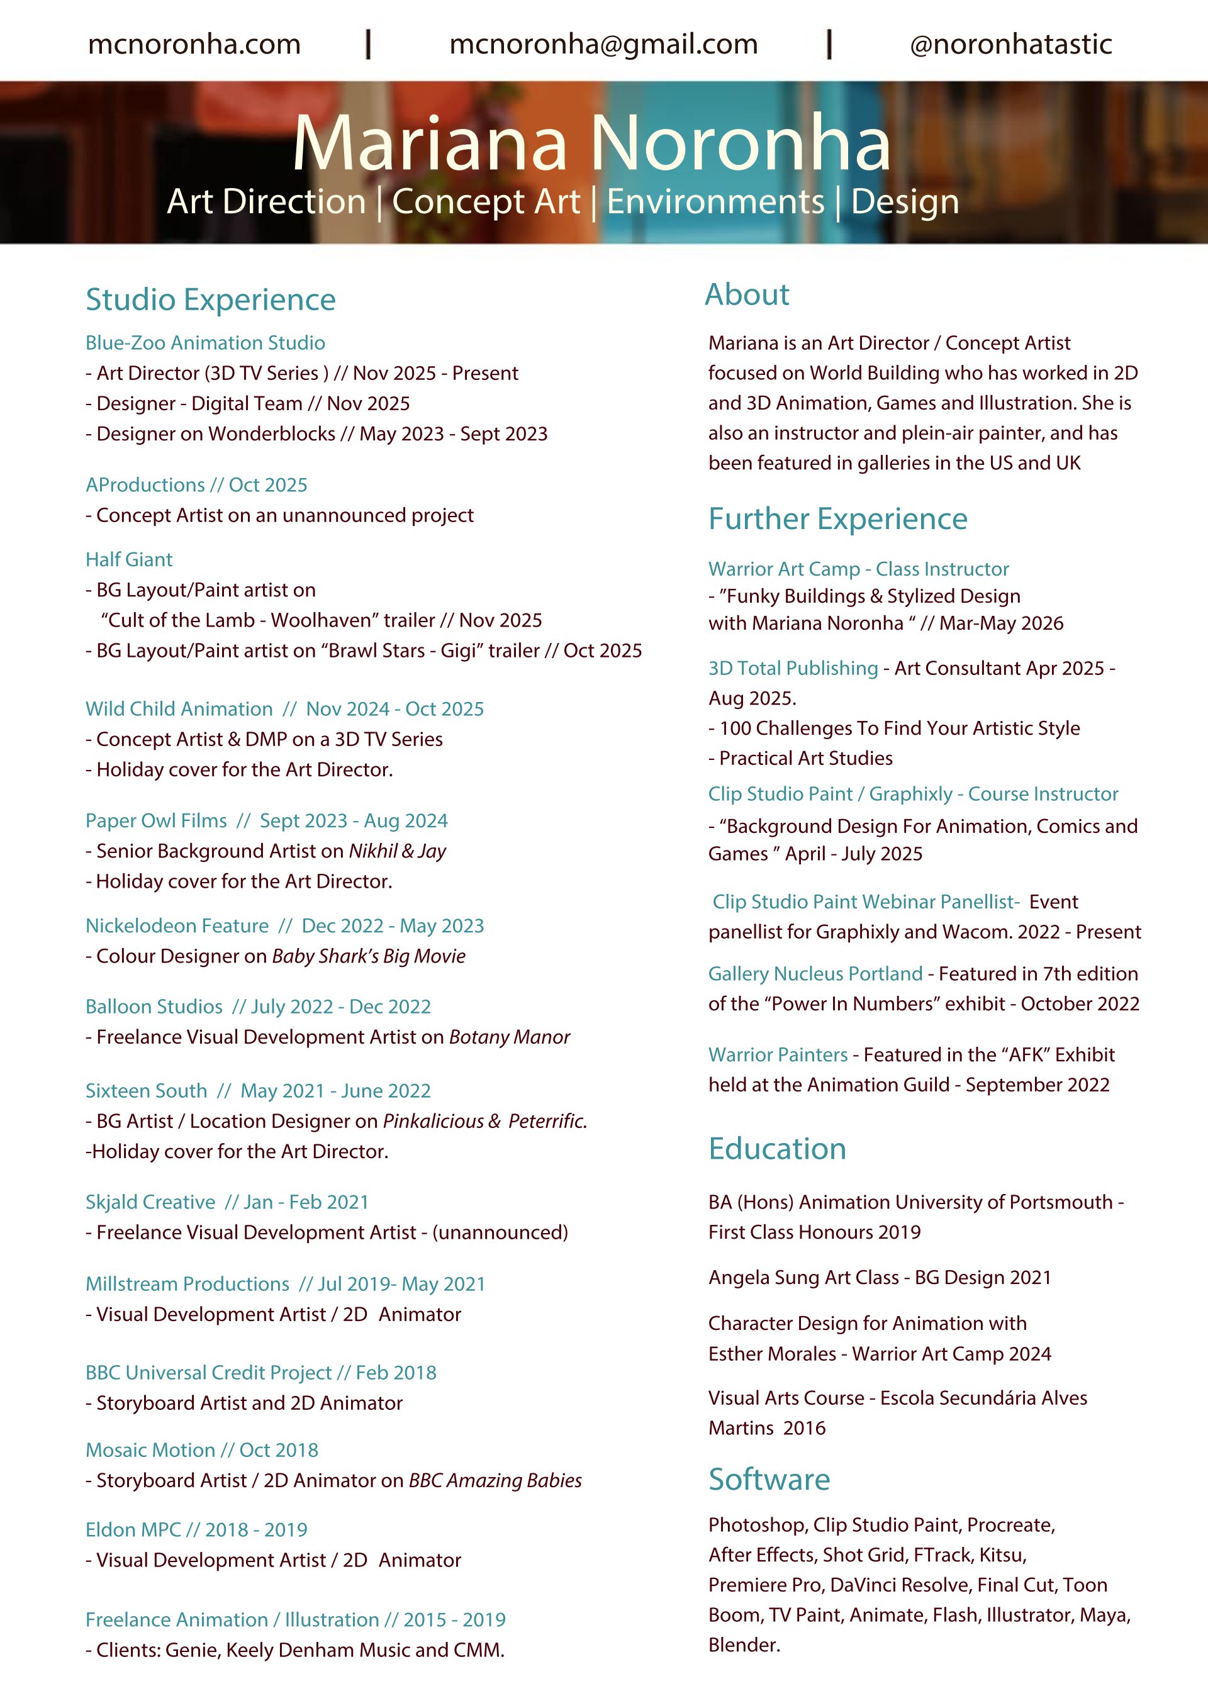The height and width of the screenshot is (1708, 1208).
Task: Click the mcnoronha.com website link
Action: tap(194, 45)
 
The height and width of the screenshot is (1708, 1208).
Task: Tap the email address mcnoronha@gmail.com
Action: tap(603, 45)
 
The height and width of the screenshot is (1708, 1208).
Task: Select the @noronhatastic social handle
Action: tap(1011, 45)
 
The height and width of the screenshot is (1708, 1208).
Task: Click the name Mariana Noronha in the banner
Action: tap(591, 143)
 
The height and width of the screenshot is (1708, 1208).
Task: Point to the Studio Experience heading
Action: tap(211, 300)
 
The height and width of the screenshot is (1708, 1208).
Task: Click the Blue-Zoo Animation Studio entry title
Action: tap(205, 343)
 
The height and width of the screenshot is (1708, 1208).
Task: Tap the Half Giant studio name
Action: tap(129, 559)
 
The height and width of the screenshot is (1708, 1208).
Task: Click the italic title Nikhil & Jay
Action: tap(397, 851)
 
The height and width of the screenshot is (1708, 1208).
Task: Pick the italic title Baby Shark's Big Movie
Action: tap(368, 956)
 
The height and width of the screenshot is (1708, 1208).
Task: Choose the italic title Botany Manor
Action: tap(510, 1037)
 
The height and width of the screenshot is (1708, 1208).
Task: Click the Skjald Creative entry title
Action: tap(150, 1202)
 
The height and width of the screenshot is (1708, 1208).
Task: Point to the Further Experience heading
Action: tap(837, 518)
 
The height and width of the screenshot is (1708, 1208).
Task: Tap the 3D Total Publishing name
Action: tap(793, 668)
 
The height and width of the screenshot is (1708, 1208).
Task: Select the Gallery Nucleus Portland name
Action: tap(815, 974)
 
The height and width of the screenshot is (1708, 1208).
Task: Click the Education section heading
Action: tap(777, 1149)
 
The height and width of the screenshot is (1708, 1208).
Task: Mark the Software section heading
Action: tap(769, 1480)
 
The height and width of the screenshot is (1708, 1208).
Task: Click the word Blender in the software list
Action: tap(742, 1644)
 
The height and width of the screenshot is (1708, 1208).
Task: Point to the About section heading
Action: tap(747, 294)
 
